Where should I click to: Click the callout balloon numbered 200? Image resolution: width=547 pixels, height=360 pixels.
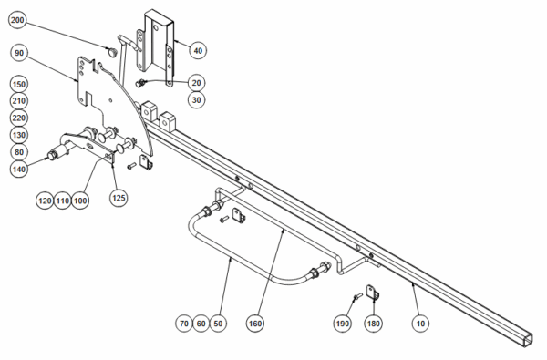click(17, 20)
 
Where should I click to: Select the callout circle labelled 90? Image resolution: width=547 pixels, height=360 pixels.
click(19, 53)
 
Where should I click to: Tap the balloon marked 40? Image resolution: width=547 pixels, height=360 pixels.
click(198, 50)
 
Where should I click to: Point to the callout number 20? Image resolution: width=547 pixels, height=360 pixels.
click(196, 83)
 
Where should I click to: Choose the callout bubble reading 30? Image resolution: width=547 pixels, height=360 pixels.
click(196, 100)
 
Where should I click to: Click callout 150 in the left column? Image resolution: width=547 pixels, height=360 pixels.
click(19, 85)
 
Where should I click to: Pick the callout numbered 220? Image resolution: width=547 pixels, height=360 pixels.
click(19, 118)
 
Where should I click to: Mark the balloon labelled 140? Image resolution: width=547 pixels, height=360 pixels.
click(19, 170)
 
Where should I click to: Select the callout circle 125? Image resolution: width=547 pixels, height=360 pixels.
click(119, 198)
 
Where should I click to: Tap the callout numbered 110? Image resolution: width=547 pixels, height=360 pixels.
click(63, 201)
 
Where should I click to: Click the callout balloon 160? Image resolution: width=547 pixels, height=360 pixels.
click(255, 324)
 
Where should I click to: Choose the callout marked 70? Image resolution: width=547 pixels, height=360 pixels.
click(184, 324)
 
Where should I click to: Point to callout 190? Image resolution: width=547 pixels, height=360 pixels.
click(342, 324)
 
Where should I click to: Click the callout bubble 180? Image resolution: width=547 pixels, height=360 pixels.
click(373, 324)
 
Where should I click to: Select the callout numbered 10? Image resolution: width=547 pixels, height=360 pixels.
click(420, 324)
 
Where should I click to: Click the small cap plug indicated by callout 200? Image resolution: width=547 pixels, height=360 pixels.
click(112, 52)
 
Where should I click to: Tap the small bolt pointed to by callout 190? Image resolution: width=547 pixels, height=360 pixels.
click(358, 297)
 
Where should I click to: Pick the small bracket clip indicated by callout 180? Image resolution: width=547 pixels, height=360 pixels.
click(373, 293)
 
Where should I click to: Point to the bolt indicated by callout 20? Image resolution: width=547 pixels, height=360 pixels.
click(139, 83)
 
